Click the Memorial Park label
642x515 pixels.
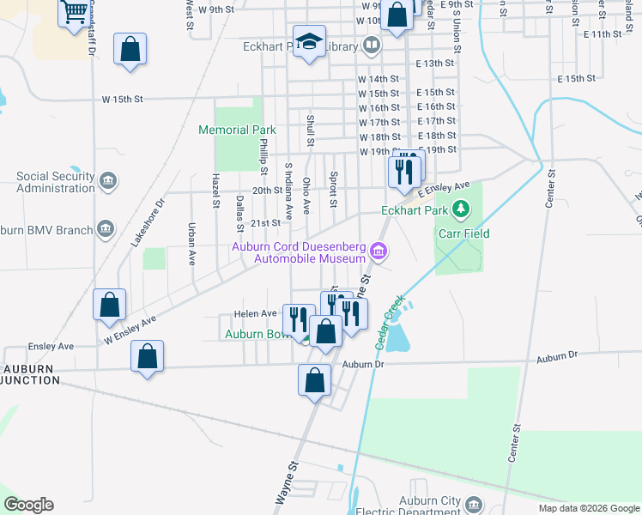tap(237, 130)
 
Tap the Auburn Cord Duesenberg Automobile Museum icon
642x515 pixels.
tap(379, 251)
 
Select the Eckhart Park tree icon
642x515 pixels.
tap(462, 209)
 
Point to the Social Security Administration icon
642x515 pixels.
tap(108, 181)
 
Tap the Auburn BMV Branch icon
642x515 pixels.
tap(106, 228)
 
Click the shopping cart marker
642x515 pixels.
tap(75, 12)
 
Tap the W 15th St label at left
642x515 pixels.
tap(122, 100)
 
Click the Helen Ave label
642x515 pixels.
tap(261, 313)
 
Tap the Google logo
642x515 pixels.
tap(28, 505)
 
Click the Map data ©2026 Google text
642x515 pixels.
tap(589, 508)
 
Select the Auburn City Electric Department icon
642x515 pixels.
tap(475, 503)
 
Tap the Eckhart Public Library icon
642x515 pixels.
tap(372, 44)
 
